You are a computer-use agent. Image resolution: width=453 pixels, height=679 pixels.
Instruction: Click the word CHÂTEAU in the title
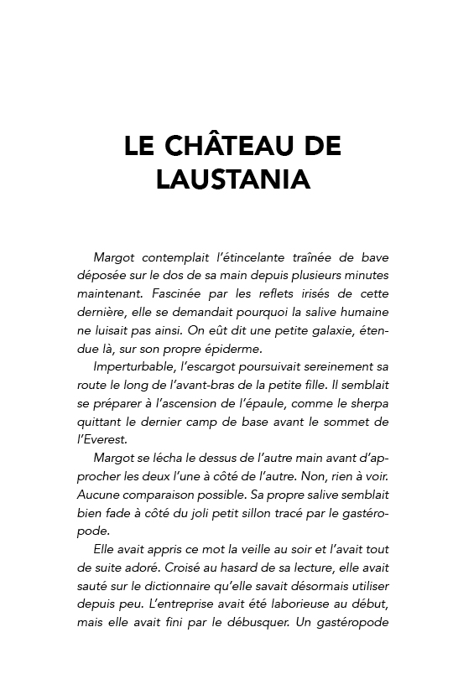click(x=220, y=146)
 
